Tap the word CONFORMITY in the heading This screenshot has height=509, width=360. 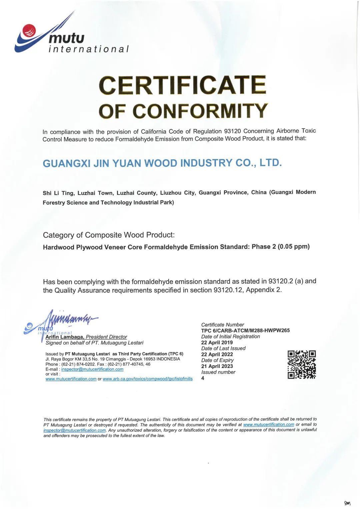(x=200, y=111)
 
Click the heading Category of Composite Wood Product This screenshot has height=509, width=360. (x=109, y=235)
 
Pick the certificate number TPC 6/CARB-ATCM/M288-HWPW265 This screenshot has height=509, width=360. (x=245, y=330)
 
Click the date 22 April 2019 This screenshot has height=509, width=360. (x=217, y=342)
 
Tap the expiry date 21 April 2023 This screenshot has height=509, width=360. (x=217, y=366)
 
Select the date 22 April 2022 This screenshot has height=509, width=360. (x=217, y=354)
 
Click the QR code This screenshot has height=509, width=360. (x=302, y=364)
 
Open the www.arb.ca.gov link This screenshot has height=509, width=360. (x=148, y=379)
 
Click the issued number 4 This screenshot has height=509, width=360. (x=203, y=378)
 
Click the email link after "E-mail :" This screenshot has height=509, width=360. (x=92, y=369)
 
